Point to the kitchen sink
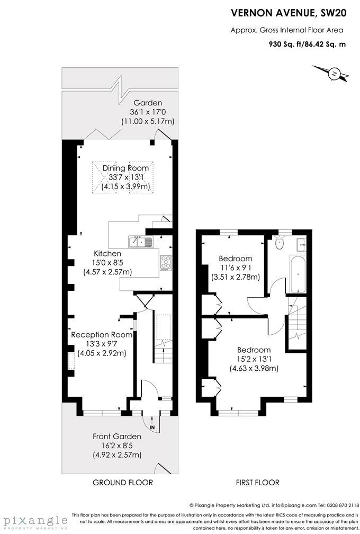(x=140, y=242)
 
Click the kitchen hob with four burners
(x=166, y=262)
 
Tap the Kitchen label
(x=107, y=253)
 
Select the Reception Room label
(x=101, y=335)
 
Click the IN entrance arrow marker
(x=152, y=427)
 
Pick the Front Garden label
(x=117, y=437)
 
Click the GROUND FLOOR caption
(x=122, y=483)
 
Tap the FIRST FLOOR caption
(x=258, y=483)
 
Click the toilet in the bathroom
(x=280, y=242)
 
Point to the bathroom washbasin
(x=301, y=245)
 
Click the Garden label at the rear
(x=148, y=103)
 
